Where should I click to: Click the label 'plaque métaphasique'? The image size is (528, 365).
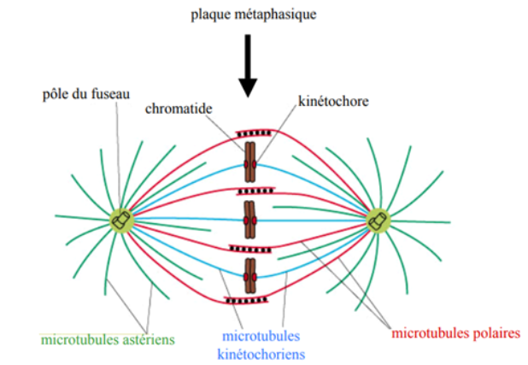(247, 15)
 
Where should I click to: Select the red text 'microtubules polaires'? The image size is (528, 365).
(455, 333)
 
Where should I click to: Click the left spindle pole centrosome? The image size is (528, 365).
(121, 221)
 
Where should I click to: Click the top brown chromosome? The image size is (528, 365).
(249, 163)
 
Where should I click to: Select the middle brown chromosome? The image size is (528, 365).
(249, 220)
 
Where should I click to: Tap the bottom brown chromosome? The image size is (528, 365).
(249, 274)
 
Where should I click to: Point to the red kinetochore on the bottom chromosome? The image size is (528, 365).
(249, 275)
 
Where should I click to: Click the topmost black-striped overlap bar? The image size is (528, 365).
(249, 134)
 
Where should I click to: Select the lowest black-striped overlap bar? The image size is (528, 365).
(248, 300)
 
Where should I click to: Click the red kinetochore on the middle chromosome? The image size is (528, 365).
(249, 221)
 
